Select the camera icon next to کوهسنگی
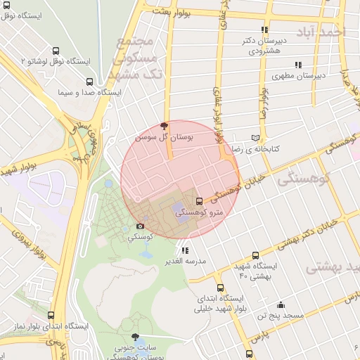pos(140,226)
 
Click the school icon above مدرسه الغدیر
pos(185,250)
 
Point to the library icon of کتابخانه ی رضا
pos(255,139)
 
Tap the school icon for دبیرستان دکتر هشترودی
pos(264,30)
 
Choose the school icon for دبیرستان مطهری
pos(299,64)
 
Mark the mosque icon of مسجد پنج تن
pos(281,304)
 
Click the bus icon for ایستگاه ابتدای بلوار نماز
pos(51,316)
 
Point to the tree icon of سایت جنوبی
pos(135,337)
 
